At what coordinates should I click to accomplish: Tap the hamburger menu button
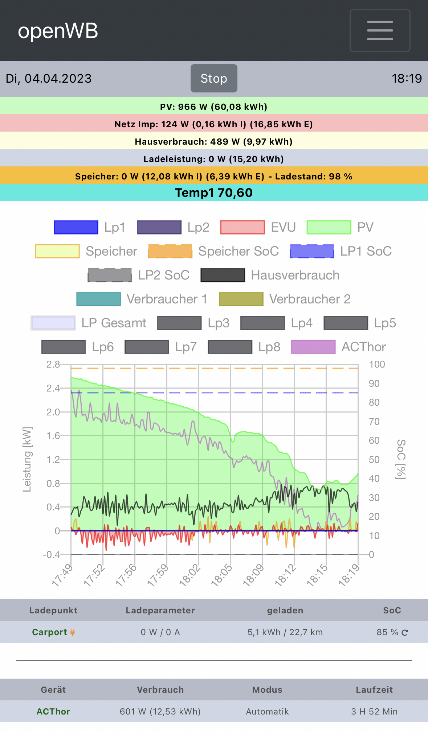pos(380,30)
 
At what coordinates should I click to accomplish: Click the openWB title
pos(58,31)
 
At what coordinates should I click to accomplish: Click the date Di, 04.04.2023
pos(49,78)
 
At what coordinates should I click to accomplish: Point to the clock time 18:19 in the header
pos(407,78)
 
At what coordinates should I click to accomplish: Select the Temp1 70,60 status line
pos(214,192)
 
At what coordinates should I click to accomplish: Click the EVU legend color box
pos(242,227)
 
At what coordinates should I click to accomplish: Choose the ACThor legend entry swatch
pos(313,347)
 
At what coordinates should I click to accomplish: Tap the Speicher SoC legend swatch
pos(170,251)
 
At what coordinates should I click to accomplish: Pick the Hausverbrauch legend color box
pos(223,275)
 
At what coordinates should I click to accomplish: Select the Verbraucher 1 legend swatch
pos(98,299)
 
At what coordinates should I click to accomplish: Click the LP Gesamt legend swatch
pos(53,323)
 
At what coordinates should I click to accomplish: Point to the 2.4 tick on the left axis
pos(53,388)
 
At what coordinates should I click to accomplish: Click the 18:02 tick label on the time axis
pos(190,575)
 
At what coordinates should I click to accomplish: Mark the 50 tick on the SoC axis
pos(374,460)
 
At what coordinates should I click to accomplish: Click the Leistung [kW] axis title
pos(27,459)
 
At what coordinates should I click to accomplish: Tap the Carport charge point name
pos(49,632)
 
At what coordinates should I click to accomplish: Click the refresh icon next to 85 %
pos(405,633)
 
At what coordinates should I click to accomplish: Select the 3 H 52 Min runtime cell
pos(374,712)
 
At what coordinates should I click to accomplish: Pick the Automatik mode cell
pos(267,712)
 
